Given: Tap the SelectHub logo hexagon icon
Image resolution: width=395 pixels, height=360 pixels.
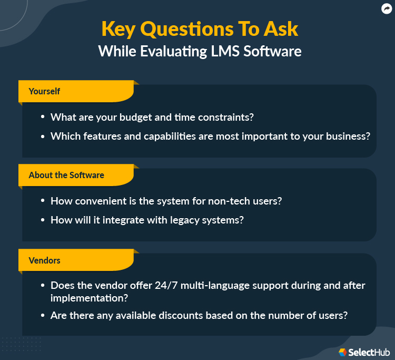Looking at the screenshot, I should pos(343,352).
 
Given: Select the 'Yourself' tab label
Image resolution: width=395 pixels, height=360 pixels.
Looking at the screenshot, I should pos(44,91).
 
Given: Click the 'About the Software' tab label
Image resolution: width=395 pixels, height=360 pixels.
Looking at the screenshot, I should pos(66,175).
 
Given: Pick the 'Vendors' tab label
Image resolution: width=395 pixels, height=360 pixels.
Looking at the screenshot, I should pos(44,260).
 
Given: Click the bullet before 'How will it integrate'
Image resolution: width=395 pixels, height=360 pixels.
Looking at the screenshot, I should pos(42,220).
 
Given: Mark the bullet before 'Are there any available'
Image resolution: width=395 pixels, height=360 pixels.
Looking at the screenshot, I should pos(42,316).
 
